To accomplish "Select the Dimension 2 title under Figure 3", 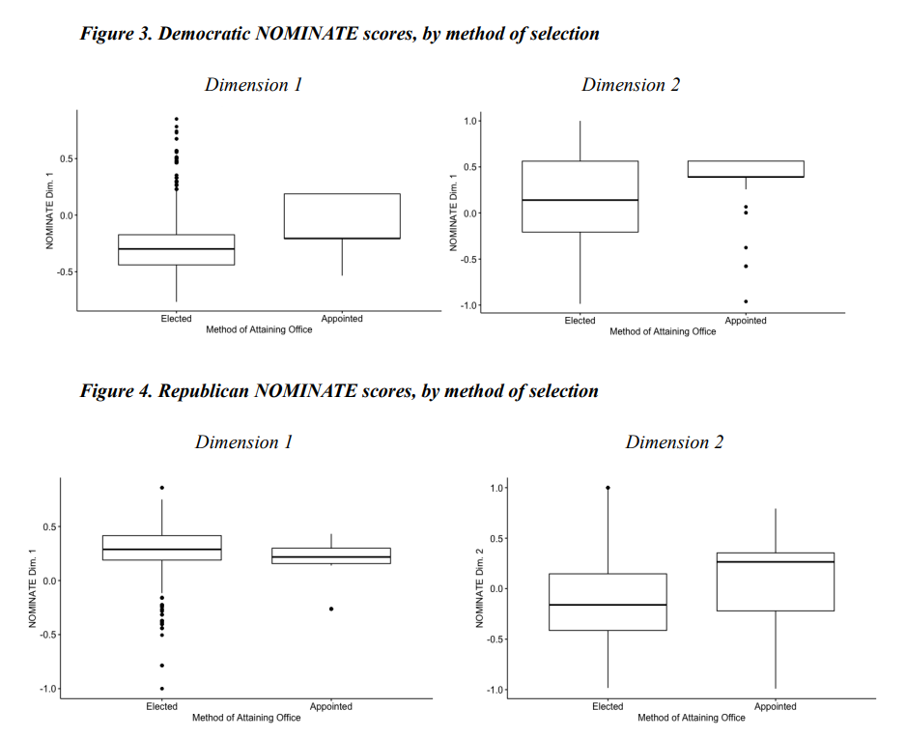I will click(630, 85).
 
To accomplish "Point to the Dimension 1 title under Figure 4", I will click(243, 442).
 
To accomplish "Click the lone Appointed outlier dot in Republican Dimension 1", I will click(331, 609).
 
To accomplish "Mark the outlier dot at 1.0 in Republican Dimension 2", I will click(608, 488).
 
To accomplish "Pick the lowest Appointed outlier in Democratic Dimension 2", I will click(746, 301).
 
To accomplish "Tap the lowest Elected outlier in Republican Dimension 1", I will click(161, 689).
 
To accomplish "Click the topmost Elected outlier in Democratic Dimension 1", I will click(177, 119).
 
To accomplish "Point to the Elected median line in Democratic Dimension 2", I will click(580, 200).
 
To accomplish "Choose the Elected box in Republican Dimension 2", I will click(608, 602).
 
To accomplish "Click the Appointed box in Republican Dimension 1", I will click(331, 555).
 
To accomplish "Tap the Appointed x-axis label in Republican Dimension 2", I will click(775, 707).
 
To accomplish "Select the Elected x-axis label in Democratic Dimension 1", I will click(176, 319).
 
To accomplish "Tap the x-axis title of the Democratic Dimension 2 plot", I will click(663, 331).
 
